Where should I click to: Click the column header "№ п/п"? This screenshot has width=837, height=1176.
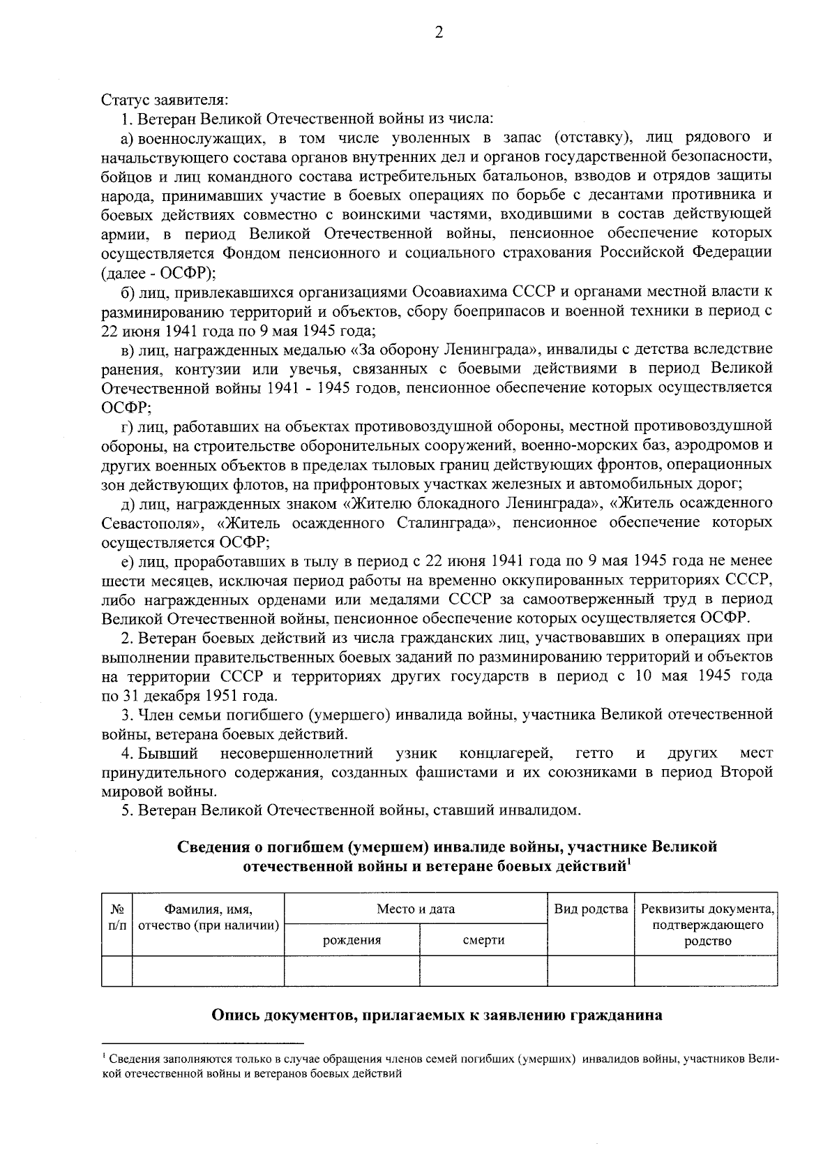click(x=116, y=916)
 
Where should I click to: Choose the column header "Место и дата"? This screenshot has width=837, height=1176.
click(x=416, y=909)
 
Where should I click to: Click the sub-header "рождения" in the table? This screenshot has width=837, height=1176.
click(x=352, y=939)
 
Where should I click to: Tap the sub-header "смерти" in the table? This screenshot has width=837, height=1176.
click(x=483, y=939)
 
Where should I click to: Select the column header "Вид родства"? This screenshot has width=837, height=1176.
click(x=591, y=909)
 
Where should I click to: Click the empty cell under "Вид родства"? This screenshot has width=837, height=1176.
click(x=591, y=971)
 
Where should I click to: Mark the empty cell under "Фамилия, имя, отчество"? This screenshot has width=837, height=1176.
click(x=208, y=971)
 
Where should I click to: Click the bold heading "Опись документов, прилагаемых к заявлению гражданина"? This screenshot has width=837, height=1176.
click(x=437, y=1015)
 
